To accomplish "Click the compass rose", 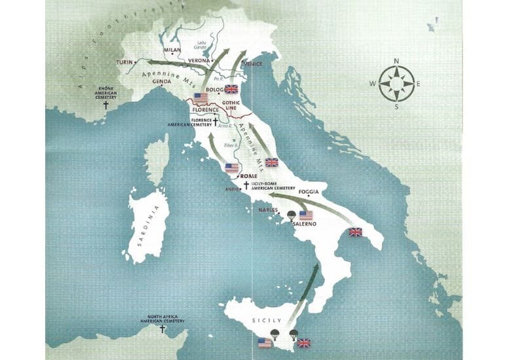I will [397, 83].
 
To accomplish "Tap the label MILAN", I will [172, 50].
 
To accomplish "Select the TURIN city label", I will [124, 62].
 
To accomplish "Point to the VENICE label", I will [253, 64].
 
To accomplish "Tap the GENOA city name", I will [161, 82].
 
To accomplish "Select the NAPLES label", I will [269, 210].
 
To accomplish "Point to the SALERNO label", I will [305, 225].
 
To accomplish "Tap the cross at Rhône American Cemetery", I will [106, 104].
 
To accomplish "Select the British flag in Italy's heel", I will [355, 232].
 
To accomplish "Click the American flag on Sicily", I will [265, 342].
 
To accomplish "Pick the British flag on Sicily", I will [304, 342].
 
